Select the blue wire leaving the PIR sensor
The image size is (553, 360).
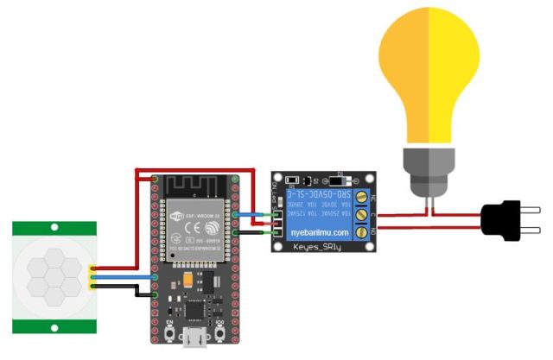point(121,278)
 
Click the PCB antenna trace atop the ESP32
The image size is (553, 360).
point(195,186)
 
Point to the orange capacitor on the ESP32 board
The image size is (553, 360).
point(187,280)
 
